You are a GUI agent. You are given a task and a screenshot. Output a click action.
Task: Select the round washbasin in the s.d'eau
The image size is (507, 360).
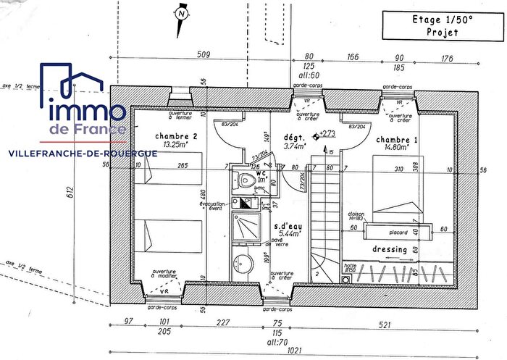(243, 261)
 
